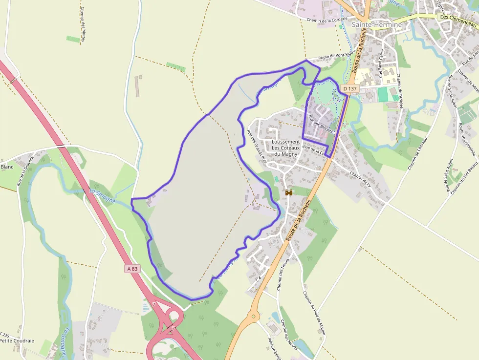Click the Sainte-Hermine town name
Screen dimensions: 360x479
tap(376, 24)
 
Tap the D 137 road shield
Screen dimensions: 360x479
tap(350, 88)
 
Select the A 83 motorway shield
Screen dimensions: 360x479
tap(132, 269)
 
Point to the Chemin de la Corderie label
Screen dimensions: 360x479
tap(326, 20)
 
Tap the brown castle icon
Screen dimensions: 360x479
tap(289, 193)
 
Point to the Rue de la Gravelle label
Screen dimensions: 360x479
tap(25, 171)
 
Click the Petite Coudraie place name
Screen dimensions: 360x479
tap(17, 340)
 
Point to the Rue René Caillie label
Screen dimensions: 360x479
tap(381, 63)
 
